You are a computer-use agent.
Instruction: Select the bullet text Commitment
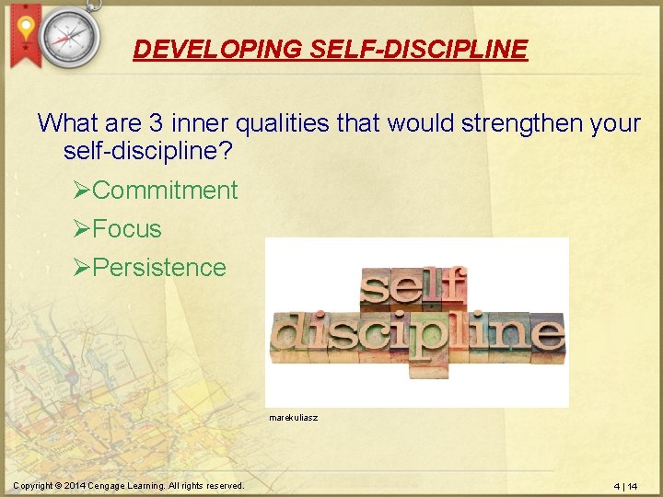[x=165, y=191]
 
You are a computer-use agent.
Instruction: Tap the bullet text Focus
[x=127, y=229]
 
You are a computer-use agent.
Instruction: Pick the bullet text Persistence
[x=159, y=268]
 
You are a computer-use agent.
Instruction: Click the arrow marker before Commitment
[x=82, y=191]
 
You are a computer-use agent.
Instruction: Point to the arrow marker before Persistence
[x=82, y=268]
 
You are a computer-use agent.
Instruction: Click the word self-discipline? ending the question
[x=147, y=149]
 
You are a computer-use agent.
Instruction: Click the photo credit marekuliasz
[x=294, y=418]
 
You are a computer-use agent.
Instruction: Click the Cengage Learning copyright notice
[x=129, y=486]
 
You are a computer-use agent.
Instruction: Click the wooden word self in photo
[x=413, y=288]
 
